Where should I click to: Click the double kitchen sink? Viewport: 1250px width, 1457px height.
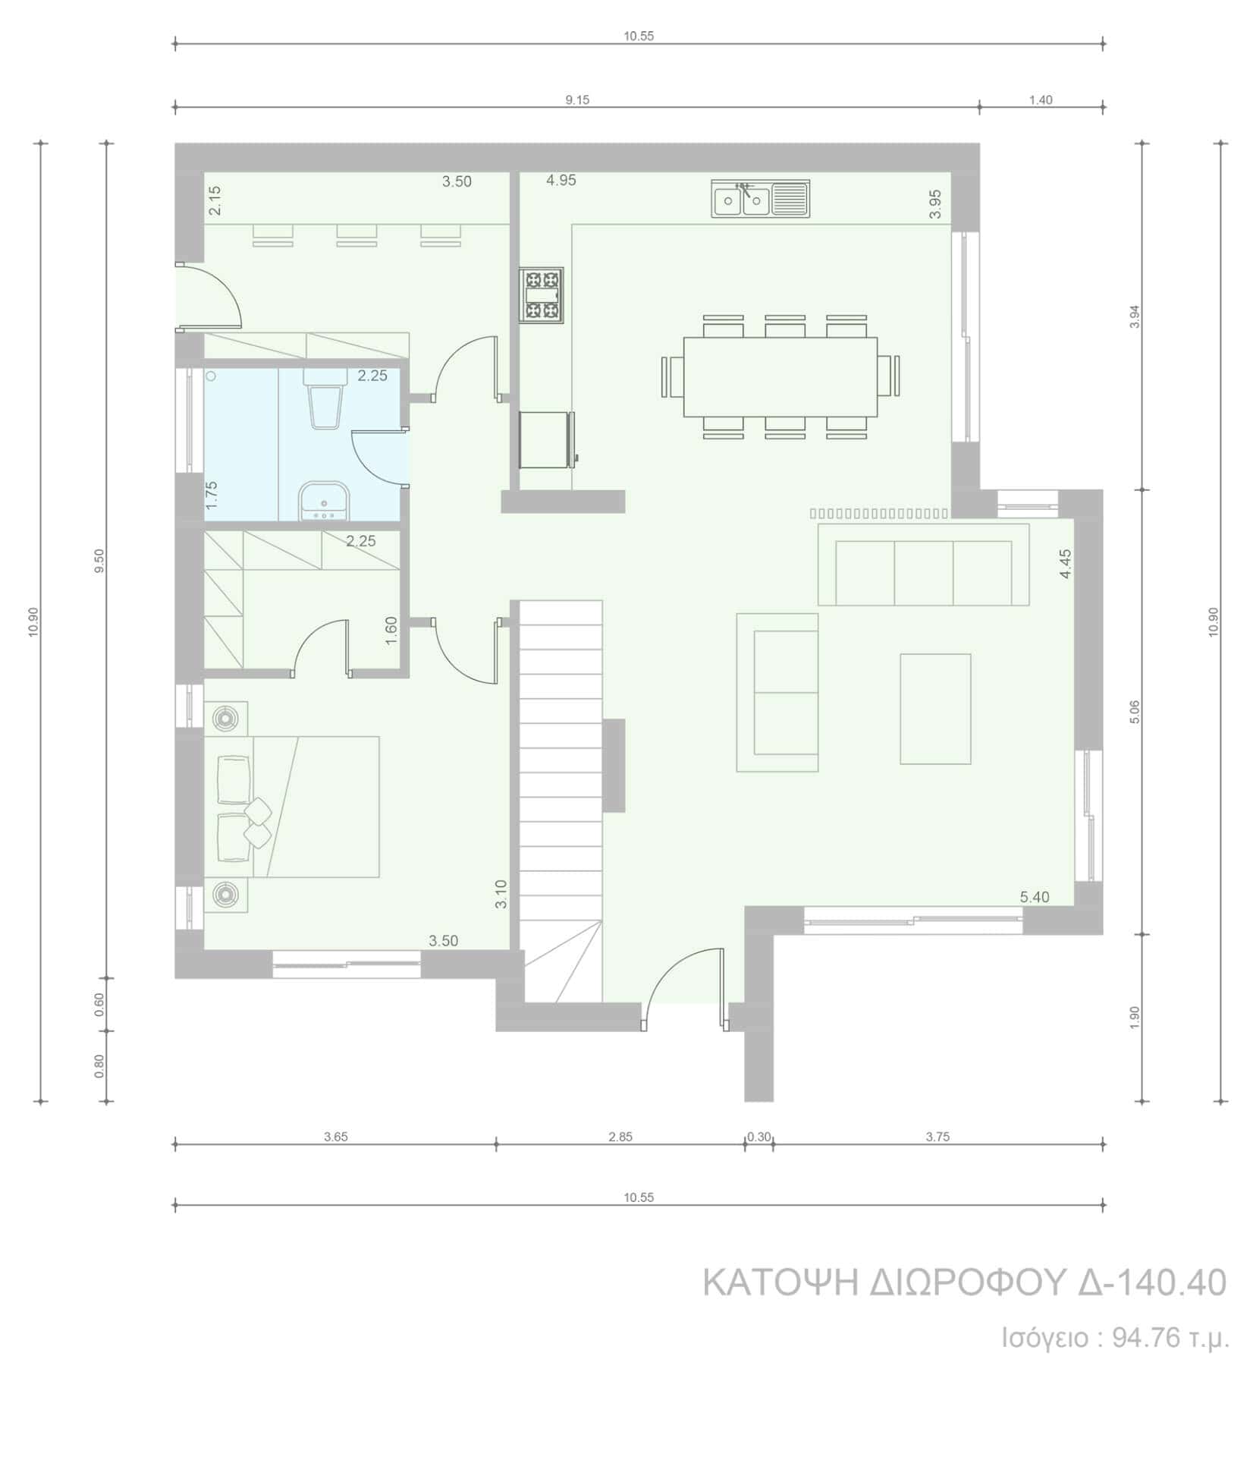coord(760,199)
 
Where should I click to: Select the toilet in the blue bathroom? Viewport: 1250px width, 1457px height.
coord(322,398)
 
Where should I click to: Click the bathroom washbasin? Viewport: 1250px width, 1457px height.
coord(324,502)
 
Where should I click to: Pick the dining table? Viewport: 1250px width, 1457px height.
coord(780,376)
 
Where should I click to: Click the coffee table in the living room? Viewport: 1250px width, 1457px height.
coord(936,709)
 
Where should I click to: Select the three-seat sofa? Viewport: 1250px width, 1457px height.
coord(924,564)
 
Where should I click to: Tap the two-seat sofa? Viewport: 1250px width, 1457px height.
coord(777,692)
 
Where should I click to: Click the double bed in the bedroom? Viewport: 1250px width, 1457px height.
coord(291,807)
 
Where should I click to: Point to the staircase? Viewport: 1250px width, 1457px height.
coord(561,801)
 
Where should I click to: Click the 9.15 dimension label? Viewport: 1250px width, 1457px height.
coord(577,100)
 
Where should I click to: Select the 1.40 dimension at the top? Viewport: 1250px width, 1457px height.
coord(1041,100)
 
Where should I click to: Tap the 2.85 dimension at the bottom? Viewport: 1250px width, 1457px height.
coord(620,1137)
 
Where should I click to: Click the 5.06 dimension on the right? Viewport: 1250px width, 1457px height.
coord(1135,711)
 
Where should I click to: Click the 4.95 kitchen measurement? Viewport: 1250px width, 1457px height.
coord(561,181)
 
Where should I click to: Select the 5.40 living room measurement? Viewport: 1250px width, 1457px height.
coord(1035,897)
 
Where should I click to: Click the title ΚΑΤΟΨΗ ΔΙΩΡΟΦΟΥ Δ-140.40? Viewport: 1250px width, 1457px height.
coord(965,1282)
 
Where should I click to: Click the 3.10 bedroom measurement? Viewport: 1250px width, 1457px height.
coord(501,894)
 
